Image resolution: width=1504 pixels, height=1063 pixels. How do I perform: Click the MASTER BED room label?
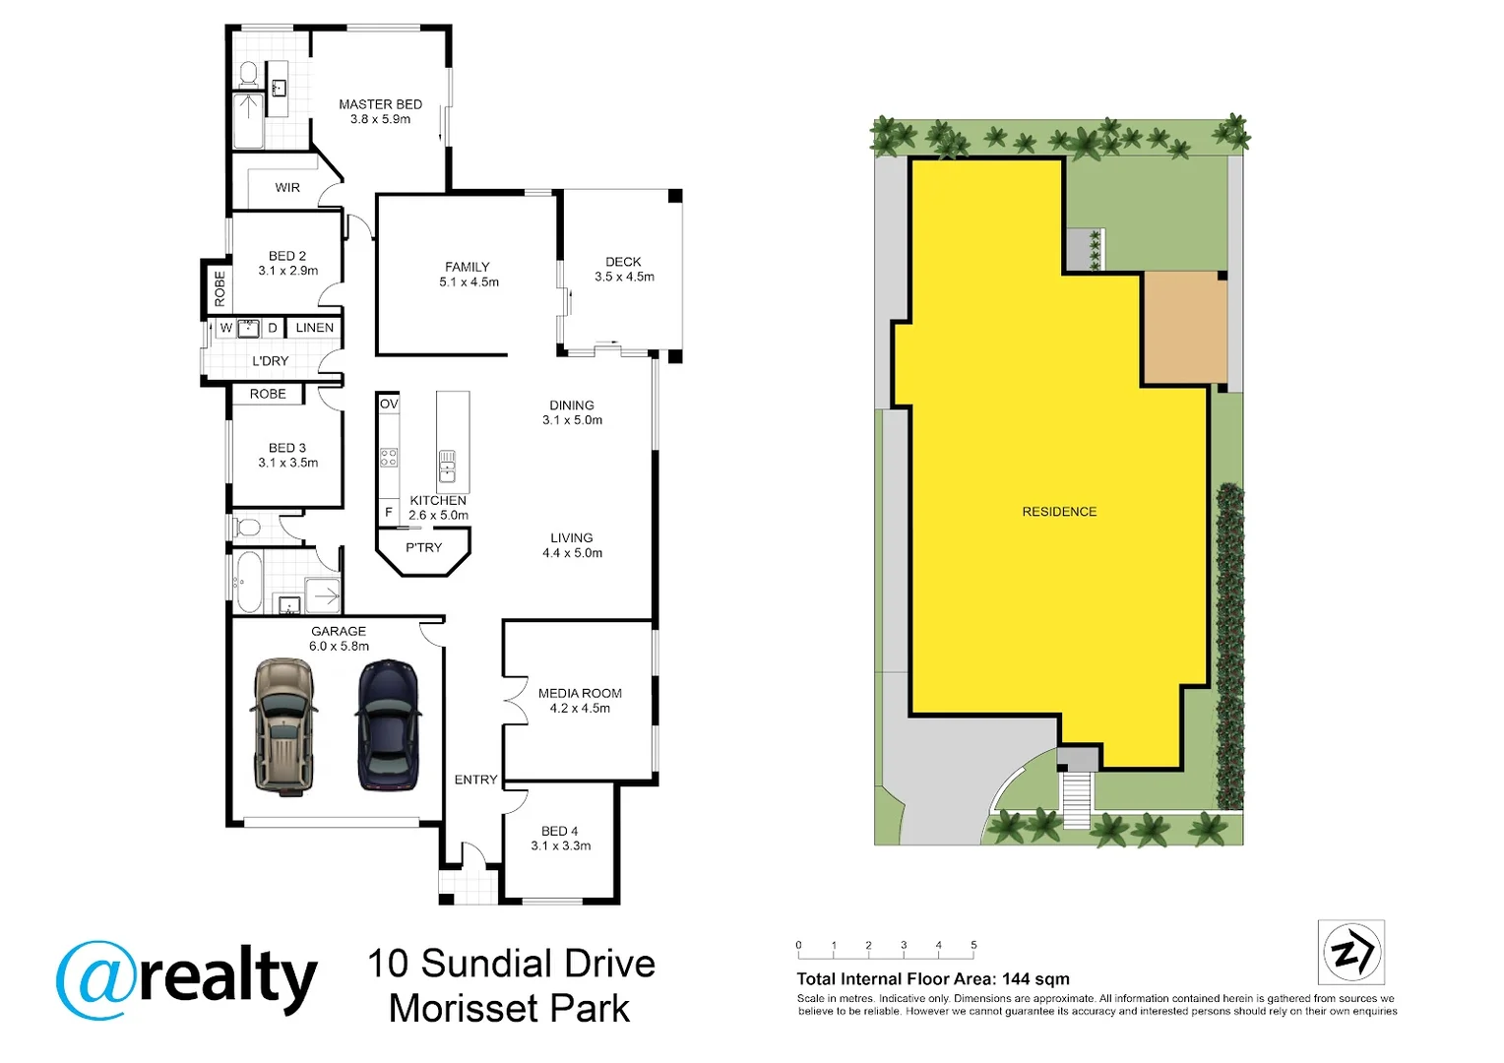pyautogui.click(x=380, y=104)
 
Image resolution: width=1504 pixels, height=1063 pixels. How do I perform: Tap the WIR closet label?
pyautogui.click(x=287, y=187)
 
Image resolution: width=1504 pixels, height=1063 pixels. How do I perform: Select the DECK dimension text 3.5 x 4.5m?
pyautogui.click(x=624, y=277)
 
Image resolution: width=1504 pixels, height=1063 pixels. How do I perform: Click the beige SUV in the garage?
pyautogui.click(x=284, y=727)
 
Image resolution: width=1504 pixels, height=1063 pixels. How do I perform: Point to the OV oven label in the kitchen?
pyautogui.click(x=389, y=405)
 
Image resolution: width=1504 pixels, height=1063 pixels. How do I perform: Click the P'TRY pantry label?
pyautogui.click(x=423, y=547)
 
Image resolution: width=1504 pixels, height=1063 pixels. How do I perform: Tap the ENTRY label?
pyautogui.click(x=475, y=780)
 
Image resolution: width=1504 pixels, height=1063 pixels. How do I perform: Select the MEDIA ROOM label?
pyautogui.click(x=580, y=693)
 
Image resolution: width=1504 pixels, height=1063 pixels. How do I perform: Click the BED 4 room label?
pyautogui.click(x=559, y=832)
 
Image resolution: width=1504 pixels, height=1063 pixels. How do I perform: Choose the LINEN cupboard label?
pyautogui.click(x=314, y=328)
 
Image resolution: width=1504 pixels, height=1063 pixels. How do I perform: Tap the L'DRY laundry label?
pyautogui.click(x=270, y=361)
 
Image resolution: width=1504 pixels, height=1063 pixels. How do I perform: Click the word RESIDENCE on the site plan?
pyautogui.click(x=1059, y=512)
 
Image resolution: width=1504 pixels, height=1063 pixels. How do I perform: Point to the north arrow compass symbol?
pyautogui.click(x=1351, y=952)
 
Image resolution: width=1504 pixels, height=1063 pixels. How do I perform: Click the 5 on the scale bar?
pyautogui.click(x=973, y=945)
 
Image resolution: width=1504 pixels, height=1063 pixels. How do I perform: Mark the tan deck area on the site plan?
pyautogui.click(x=1185, y=329)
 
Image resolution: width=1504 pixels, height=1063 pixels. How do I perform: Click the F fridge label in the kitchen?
pyautogui.click(x=388, y=513)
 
